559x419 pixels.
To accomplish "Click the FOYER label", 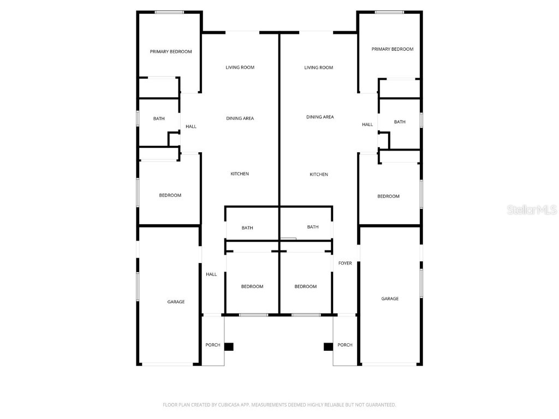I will pyautogui.click(x=345, y=264).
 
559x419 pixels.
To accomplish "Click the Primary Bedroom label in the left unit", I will pyautogui.click(x=171, y=52).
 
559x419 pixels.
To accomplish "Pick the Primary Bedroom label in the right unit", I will pyautogui.click(x=393, y=49).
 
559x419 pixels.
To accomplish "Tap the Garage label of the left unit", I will pyautogui.click(x=176, y=302).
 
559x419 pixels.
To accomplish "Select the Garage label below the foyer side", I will pyautogui.click(x=390, y=299).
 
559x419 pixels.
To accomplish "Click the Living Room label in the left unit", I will pyautogui.click(x=240, y=68).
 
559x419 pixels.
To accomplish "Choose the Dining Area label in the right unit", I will pyautogui.click(x=320, y=117).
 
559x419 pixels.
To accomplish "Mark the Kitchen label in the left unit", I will pyautogui.click(x=240, y=174).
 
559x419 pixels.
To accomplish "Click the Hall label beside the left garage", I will pyautogui.click(x=211, y=274).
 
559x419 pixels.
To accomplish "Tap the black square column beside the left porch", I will pyautogui.click(x=229, y=346).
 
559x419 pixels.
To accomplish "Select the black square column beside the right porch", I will pyautogui.click(x=328, y=346).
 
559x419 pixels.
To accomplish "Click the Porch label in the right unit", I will pyautogui.click(x=345, y=345).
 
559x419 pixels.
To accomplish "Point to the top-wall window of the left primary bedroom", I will pyautogui.click(x=169, y=12).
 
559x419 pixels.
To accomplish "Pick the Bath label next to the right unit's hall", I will pyautogui.click(x=400, y=122).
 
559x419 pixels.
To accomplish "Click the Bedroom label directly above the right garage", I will pyautogui.click(x=388, y=196).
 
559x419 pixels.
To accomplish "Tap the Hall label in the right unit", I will pyautogui.click(x=367, y=125).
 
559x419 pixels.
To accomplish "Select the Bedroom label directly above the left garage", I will pyautogui.click(x=170, y=195).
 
